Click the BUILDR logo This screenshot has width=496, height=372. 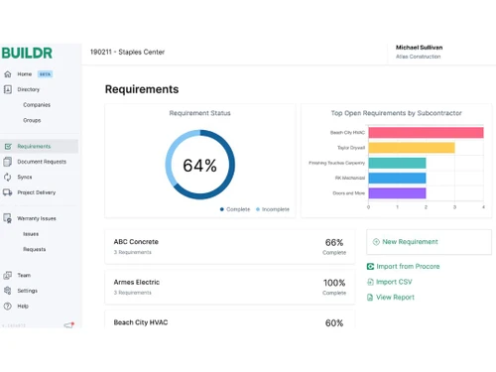coord(27,52)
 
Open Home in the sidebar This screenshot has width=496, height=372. coord(25,74)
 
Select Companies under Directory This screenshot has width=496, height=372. coord(37,104)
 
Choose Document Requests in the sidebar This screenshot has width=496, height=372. coord(42,162)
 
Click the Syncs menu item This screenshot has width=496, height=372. coord(25,178)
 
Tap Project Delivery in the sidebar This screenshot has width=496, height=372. coord(37,192)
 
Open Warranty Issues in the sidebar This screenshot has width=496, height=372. coord(37,218)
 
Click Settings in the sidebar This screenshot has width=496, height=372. coord(28,291)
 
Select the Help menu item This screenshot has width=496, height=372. coord(23,306)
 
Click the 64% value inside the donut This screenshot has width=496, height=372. coord(199,166)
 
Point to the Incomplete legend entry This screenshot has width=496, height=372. coord(276,209)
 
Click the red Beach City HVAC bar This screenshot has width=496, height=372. coord(426,133)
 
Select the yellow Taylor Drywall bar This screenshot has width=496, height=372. coord(411,148)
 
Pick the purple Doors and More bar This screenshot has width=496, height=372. coord(397,193)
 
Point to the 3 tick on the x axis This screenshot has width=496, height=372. coord(454,207)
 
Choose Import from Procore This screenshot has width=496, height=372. coord(407,267)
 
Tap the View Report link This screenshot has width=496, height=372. coord(395,297)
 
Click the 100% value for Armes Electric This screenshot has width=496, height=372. coord(334,283)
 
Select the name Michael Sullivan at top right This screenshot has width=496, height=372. coord(419,48)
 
